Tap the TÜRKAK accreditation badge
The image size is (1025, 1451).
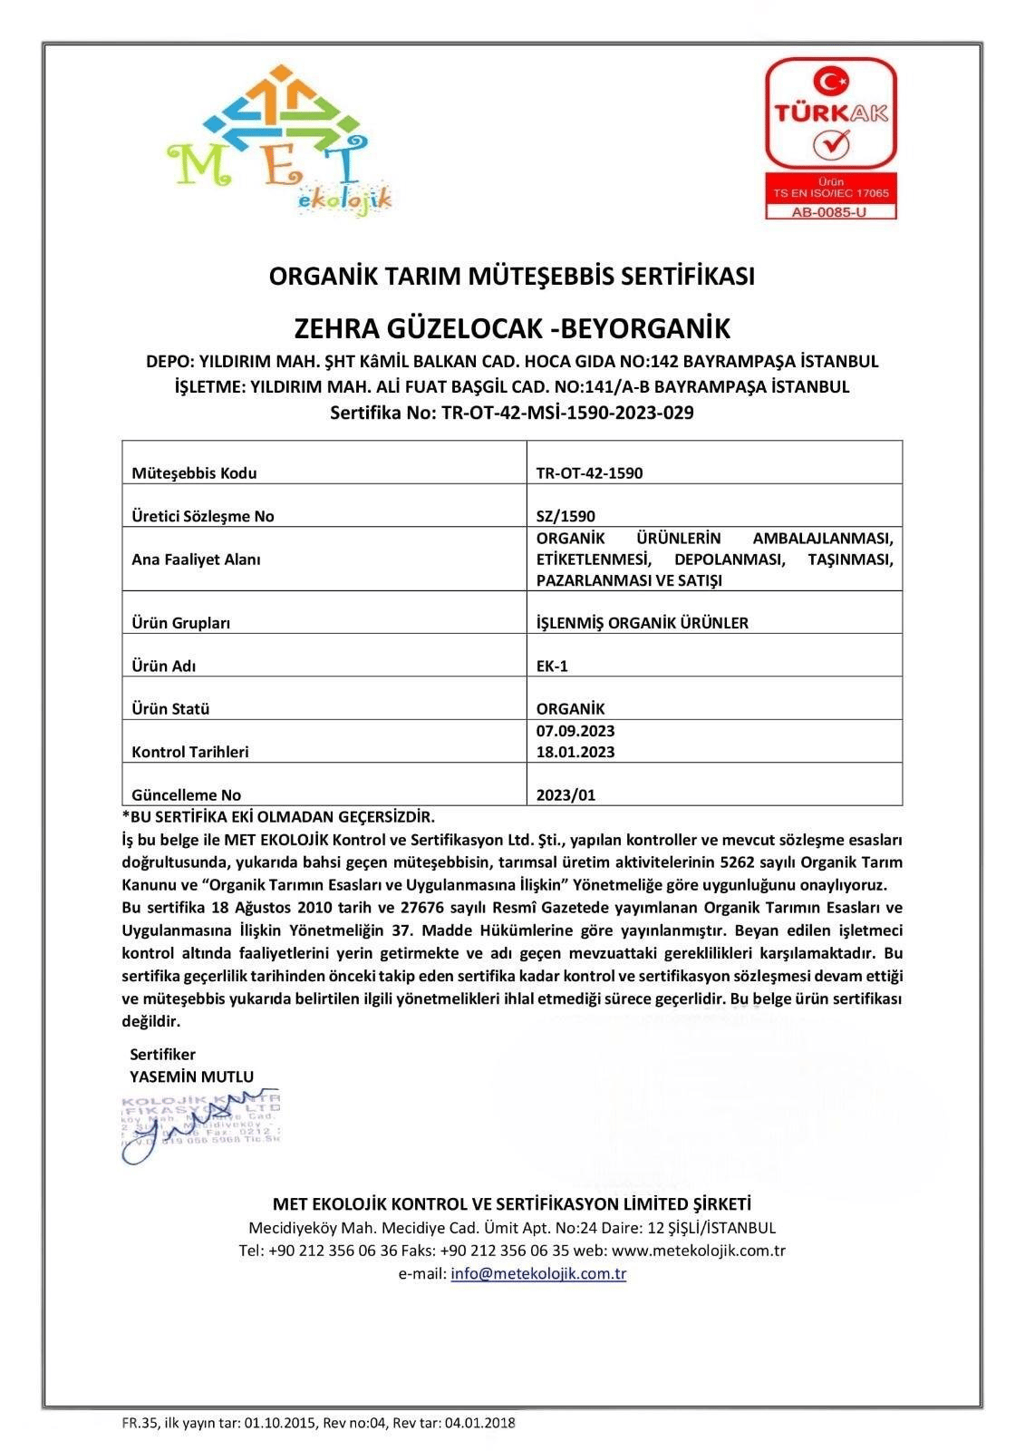tap(830, 138)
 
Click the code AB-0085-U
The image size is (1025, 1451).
tap(830, 211)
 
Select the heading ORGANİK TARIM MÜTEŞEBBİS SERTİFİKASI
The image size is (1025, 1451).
tap(512, 276)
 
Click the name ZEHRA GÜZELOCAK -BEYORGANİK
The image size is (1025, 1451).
tap(512, 327)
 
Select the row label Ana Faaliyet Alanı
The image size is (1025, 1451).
tap(196, 560)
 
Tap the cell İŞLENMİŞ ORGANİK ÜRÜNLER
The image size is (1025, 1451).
tap(642, 622)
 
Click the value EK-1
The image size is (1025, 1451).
tap(552, 666)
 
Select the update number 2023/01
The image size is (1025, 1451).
tap(566, 794)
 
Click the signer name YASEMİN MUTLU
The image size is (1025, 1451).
tap(192, 1076)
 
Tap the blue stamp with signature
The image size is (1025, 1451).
tap(200, 1125)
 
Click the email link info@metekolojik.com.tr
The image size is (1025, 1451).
tap(538, 1273)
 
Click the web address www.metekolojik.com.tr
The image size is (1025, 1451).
tap(698, 1251)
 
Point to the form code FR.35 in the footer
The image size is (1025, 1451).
tap(140, 1423)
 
